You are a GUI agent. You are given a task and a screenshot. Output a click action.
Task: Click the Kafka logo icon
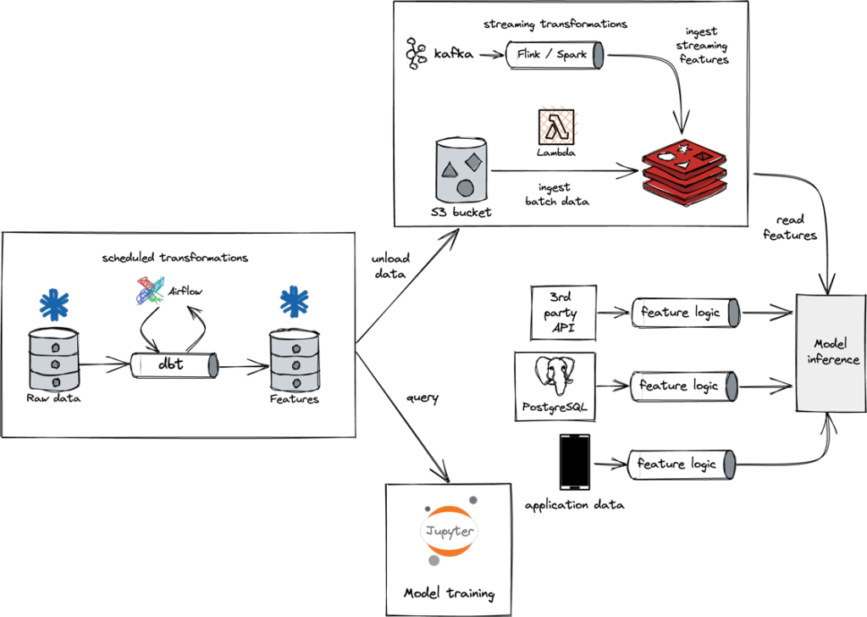pyautogui.click(x=417, y=53)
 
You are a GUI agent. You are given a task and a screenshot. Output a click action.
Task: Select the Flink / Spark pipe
pyautogui.click(x=555, y=55)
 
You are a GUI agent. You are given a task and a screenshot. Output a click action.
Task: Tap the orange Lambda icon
pyautogui.click(x=556, y=127)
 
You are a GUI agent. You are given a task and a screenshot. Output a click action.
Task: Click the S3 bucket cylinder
pyautogui.click(x=461, y=170)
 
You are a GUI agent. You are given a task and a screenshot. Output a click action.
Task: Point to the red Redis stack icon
pyautogui.click(x=684, y=173)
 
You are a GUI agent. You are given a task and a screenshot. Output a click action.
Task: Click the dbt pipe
pyautogui.click(x=174, y=365)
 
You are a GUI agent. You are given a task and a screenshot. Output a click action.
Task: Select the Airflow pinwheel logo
pyautogui.click(x=151, y=291)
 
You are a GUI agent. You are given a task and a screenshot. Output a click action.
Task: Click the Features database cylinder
pyautogui.click(x=295, y=361)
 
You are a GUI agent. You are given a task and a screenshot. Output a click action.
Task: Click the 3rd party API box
pyautogui.click(x=563, y=313)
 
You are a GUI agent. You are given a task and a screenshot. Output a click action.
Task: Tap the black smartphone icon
pyautogui.click(x=575, y=463)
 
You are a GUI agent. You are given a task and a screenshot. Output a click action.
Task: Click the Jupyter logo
pyautogui.click(x=449, y=531)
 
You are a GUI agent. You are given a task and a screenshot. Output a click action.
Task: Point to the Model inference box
pyautogui.click(x=831, y=353)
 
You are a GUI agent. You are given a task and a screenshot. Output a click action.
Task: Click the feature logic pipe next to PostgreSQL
pyautogui.click(x=684, y=386)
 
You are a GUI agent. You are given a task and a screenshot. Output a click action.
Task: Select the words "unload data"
pyautogui.click(x=390, y=265)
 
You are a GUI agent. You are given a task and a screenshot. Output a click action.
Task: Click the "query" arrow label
pyautogui.click(x=422, y=397)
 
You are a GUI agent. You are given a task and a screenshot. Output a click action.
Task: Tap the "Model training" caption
pyautogui.click(x=449, y=594)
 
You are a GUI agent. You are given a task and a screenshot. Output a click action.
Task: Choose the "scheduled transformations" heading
pyautogui.click(x=174, y=258)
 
